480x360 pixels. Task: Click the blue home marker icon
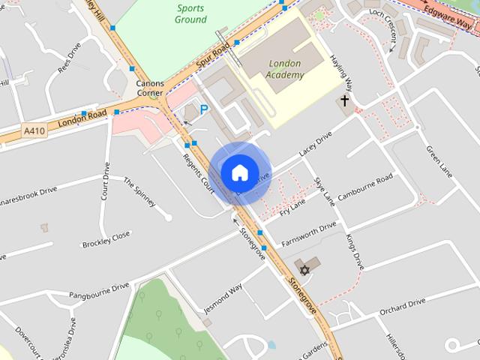click(239, 172)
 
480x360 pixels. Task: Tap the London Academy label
click(284, 70)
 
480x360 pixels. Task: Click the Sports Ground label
click(192, 13)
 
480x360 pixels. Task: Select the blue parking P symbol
click(203, 109)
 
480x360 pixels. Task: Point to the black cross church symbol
click(345, 100)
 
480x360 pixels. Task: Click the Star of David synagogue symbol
click(304, 270)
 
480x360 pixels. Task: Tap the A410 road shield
click(32, 130)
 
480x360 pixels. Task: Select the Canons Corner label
click(150, 88)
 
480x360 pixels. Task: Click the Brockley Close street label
click(106, 239)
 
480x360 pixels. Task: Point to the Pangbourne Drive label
click(99, 290)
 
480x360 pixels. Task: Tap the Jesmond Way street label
click(223, 298)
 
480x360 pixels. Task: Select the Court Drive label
click(106, 181)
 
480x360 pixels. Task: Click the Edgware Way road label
click(453, 15)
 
